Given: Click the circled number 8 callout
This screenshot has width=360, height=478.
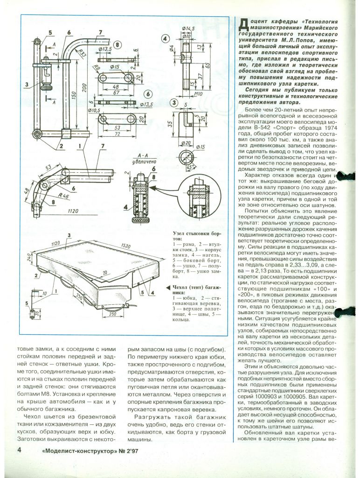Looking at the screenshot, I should pyautogui.click(x=117, y=45).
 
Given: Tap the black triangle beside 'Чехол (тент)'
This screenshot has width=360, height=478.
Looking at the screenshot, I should pyautogui.click(x=168, y=287).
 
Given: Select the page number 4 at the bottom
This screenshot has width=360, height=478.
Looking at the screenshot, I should pyautogui.click(x=20, y=450).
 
